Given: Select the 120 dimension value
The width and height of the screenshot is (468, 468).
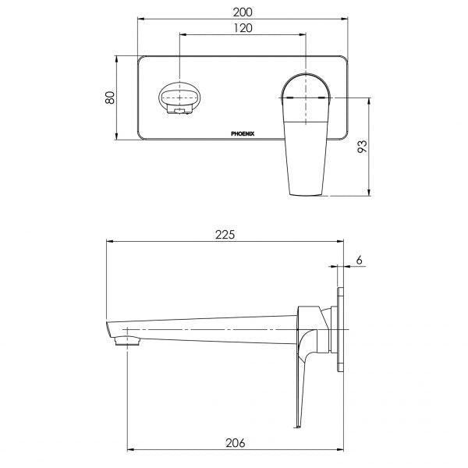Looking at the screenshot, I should [243, 28].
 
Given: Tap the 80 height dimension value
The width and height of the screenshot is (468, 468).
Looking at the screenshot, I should [110, 97].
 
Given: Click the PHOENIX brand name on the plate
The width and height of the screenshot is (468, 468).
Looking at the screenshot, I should [247, 134].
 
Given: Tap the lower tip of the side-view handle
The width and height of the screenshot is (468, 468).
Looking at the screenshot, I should [296, 425].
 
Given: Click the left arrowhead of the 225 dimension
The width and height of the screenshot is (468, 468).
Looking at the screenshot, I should [108, 243].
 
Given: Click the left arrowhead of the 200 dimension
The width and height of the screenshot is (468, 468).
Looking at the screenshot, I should [140, 18].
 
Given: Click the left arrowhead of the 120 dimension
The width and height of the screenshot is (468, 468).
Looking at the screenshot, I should [183, 35].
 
